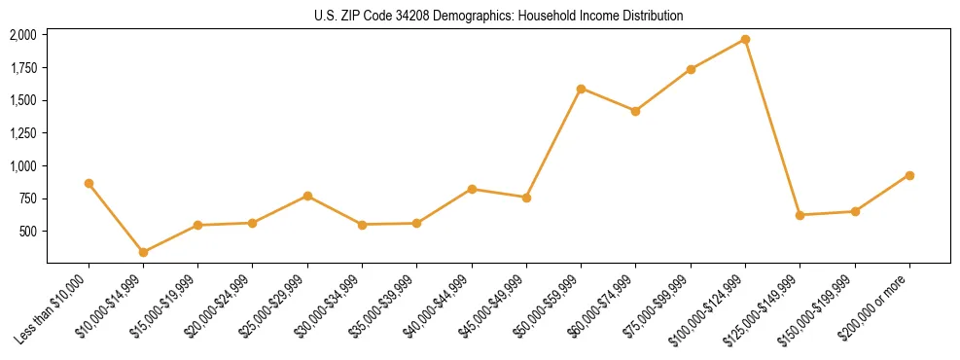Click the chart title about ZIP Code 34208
[x=498, y=16]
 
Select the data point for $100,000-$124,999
[x=745, y=39]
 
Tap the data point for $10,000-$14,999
[x=143, y=252]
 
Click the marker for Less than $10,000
[x=89, y=183]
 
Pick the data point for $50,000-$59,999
[x=581, y=89]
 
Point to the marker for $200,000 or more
[x=909, y=175]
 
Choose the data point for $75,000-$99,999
[x=691, y=69]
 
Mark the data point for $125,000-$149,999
[x=800, y=215]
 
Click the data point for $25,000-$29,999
[x=307, y=196]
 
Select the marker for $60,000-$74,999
[x=635, y=111]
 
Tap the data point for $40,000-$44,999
[x=472, y=189]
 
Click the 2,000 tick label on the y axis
[x=22, y=35]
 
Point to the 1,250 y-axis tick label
[x=22, y=133]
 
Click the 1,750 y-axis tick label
[x=22, y=68]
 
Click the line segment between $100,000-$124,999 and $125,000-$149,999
[x=772, y=126]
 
